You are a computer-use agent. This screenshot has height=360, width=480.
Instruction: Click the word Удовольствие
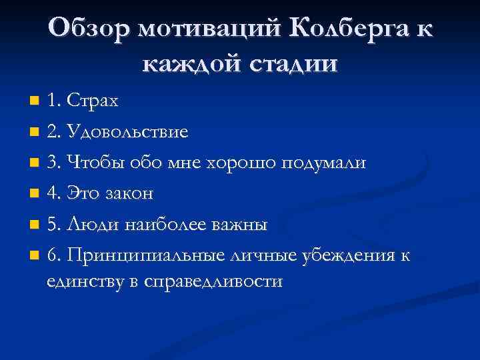point(127,132)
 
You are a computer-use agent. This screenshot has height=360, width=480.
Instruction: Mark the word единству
point(85,281)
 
